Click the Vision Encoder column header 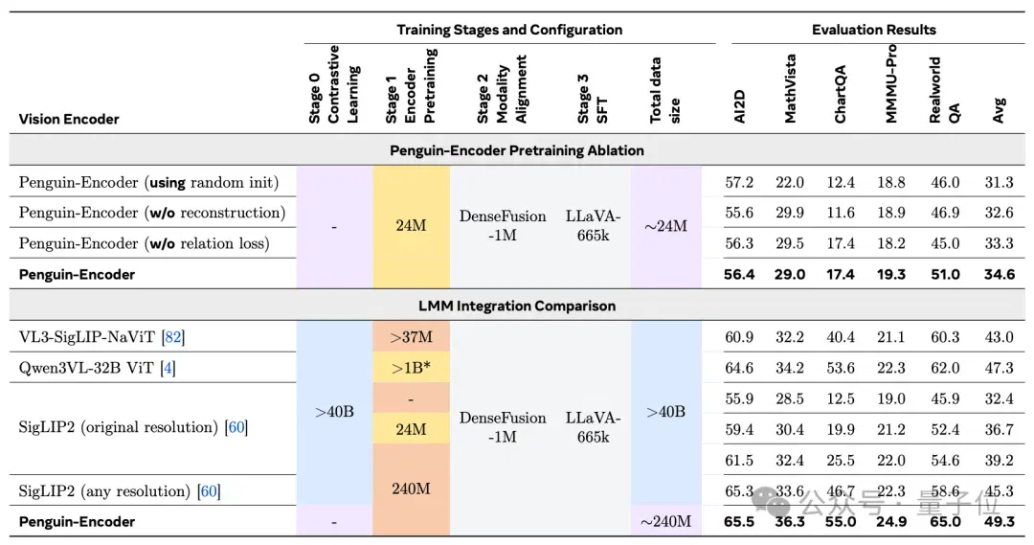click(69, 119)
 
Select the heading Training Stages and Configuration click(509, 30)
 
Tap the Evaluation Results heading click(874, 30)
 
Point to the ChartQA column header click(841, 94)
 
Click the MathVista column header click(790, 88)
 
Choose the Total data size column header click(664, 90)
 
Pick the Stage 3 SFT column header click(593, 99)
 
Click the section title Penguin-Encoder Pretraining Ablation click(516, 150)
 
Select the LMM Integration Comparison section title click(516, 307)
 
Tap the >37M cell click(411, 337)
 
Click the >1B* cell click(411, 368)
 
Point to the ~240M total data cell click(665, 521)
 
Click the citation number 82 click(172, 337)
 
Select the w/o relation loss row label click(144, 243)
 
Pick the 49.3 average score click(999, 521)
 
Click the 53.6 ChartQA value click(841, 368)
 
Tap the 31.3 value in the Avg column click(999, 182)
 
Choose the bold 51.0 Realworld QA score click(945, 275)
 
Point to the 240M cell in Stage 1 click(411, 488)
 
